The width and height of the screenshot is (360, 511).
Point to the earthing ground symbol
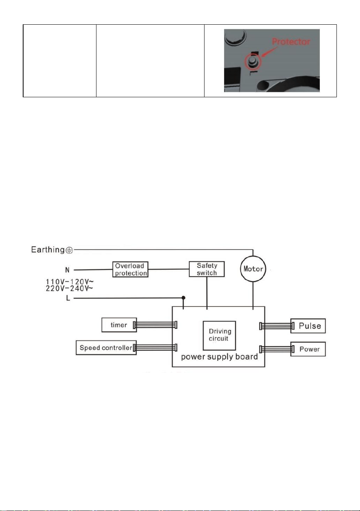coord(69,250)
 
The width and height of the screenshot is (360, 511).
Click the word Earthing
coord(48,250)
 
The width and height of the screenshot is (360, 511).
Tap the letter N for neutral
coord(67,270)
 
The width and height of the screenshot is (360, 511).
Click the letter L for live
coord(68,298)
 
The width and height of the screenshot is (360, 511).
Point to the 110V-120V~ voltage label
coord(69,281)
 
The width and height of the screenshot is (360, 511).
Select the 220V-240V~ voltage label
coord(69,289)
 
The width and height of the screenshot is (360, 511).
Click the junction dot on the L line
coord(183,298)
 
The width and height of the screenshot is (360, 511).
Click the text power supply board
coord(219,357)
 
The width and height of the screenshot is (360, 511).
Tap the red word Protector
coord(291,42)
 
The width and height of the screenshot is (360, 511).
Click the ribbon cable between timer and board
coord(155,325)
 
